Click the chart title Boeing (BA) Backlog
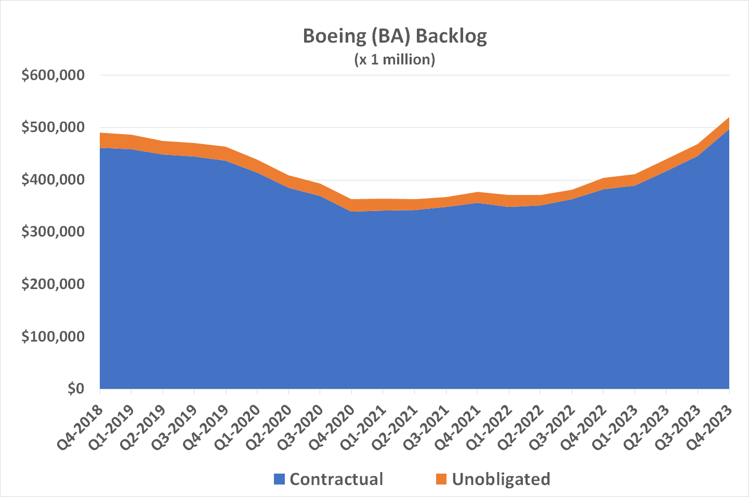pos(395,36)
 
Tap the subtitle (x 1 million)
pos(395,59)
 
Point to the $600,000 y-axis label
pos(52,75)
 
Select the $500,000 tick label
pos(52,127)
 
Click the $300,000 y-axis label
pos(52,232)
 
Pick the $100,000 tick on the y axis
pos(52,336)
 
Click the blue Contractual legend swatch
pos(280,479)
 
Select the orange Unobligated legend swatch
pos(441,479)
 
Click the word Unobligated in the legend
pos(501,479)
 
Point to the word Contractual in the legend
pos(336,479)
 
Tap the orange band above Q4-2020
pos(352,205)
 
